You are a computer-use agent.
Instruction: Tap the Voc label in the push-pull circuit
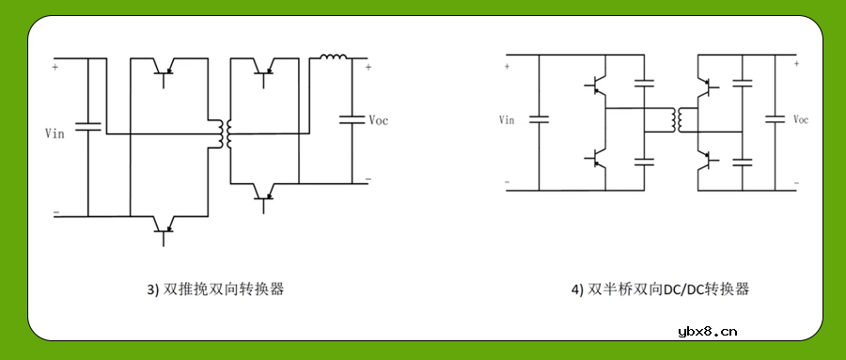(378, 120)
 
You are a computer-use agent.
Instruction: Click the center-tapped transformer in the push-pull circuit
(224, 134)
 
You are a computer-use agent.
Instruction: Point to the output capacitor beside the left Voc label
(352, 120)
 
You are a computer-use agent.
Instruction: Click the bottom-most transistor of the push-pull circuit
(165, 227)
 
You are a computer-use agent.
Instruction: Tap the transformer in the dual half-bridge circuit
(673, 120)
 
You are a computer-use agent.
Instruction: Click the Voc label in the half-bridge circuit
(801, 120)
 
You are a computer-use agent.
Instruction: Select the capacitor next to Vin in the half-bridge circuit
(539, 119)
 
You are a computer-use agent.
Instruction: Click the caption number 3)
(153, 290)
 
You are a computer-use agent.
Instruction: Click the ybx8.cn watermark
(706, 331)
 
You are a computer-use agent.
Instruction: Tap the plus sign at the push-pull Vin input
(55, 67)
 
